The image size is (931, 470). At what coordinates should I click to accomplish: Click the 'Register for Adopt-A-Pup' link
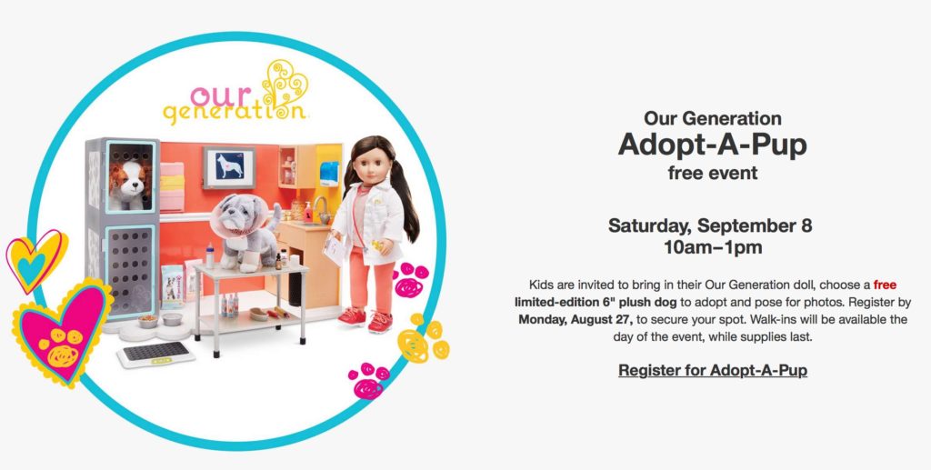click(x=713, y=370)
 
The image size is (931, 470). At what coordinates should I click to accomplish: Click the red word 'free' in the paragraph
click(x=885, y=285)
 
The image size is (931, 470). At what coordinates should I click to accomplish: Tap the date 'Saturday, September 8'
click(x=710, y=225)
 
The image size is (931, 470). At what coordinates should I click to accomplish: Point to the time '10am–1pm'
click(x=713, y=247)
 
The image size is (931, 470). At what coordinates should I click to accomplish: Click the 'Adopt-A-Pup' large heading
click(x=713, y=145)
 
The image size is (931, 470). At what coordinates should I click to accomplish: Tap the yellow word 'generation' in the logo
click(x=234, y=112)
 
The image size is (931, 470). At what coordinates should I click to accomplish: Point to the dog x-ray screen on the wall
click(x=228, y=166)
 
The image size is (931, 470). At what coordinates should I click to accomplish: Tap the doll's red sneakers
click(x=365, y=320)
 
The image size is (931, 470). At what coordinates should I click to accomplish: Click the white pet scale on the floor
click(x=155, y=355)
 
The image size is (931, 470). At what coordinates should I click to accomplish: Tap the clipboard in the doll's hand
click(x=335, y=249)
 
